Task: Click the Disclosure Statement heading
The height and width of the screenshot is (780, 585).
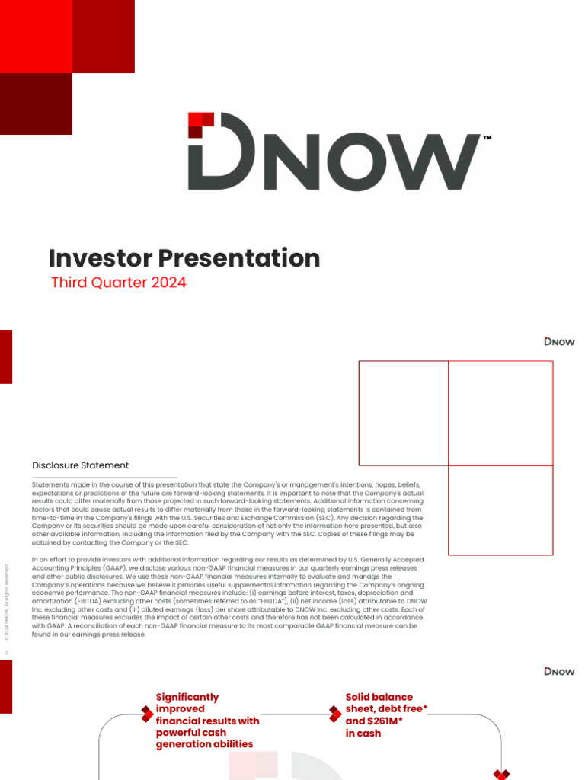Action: click(x=80, y=465)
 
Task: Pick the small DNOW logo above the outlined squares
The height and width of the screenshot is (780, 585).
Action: click(x=560, y=342)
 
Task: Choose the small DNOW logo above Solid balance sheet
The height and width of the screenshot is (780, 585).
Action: click(x=560, y=671)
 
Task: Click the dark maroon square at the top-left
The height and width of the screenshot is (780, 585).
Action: click(x=36, y=104)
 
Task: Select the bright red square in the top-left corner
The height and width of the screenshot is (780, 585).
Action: click(x=36, y=36)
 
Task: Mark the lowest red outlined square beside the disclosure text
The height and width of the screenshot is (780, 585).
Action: click(x=500, y=510)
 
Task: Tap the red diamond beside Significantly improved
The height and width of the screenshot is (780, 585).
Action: click(x=147, y=714)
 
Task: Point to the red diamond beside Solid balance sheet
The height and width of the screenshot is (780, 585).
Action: click(x=334, y=714)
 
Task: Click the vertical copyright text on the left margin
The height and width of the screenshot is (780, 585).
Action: click(x=8, y=602)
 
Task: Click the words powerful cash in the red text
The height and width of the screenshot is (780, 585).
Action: click(x=194, y=733)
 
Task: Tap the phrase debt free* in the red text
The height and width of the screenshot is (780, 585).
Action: click(x=401, y=709)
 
